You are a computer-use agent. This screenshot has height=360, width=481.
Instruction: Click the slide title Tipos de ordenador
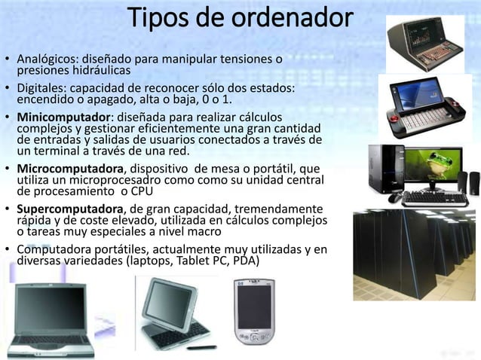tap(239, 18)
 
